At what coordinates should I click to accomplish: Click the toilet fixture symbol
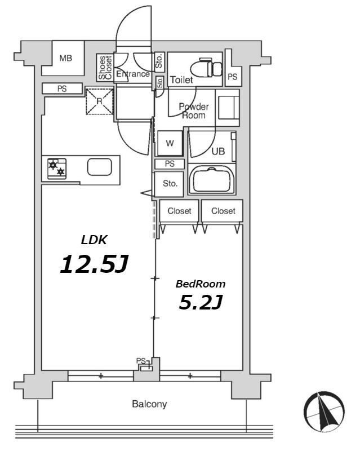206,68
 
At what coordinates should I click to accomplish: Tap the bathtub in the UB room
212,179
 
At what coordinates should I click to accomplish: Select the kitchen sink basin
100,167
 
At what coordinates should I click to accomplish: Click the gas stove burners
57,169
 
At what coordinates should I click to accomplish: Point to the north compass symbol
325,412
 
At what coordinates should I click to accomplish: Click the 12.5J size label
94,264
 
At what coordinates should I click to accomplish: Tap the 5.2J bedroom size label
201,302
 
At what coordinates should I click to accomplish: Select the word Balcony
149,404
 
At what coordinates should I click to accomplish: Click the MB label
66,59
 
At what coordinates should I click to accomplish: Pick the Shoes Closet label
105,68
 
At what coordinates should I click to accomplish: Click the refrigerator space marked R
100,101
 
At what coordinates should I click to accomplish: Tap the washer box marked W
170,143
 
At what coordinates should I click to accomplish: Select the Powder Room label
193,111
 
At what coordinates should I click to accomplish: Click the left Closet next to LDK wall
179,211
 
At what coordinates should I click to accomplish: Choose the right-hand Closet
223,211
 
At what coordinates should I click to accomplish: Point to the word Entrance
133,74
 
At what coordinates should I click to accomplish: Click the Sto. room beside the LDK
169,184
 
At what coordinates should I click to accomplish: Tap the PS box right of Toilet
233,77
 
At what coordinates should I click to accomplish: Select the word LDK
94,240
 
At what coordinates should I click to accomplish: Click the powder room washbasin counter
228,108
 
